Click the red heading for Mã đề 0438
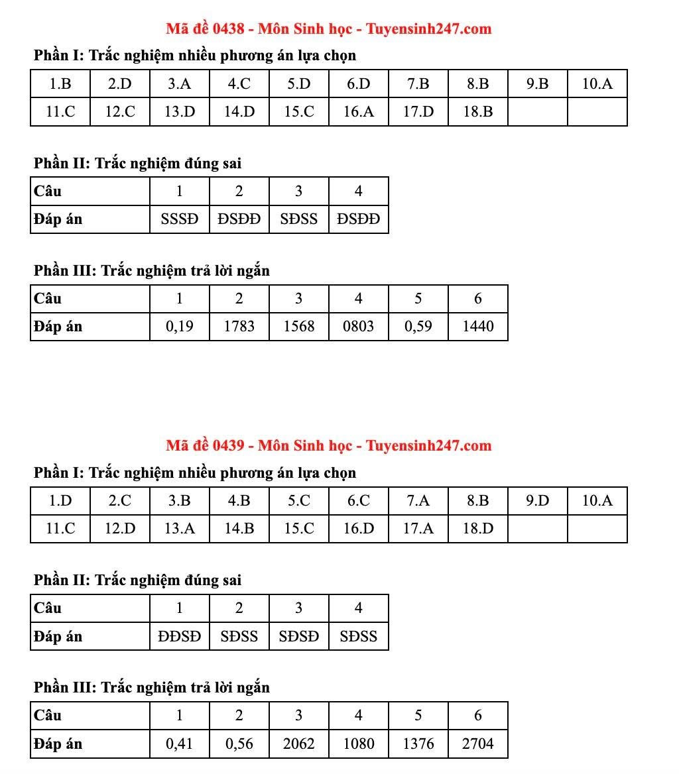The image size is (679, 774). click(x=329, y=28)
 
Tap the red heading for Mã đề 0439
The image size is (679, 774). click(x=329, y=445)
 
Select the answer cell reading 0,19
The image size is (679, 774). click(x=179, y=326)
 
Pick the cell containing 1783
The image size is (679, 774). click(x=239, y=326)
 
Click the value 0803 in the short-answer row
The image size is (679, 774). click(x=358, y=326)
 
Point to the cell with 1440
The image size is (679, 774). click(x=477, y=326)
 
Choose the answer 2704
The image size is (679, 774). click(x=477, y=744)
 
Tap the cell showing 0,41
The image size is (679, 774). click(x=179, y=744)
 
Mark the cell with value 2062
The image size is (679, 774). click(x=298, y=744)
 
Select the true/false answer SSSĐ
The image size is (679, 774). click(x=179, y=219)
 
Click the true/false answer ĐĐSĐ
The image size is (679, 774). click(x=179, y=637)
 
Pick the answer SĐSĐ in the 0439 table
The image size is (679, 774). click(x=298, y=637)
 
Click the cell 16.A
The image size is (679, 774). click(x=358, y=112)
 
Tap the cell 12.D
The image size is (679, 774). click(x=120, y=529)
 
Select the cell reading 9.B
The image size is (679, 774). click(x=537, y=84)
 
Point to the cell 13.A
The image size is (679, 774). click(x=179, y=529)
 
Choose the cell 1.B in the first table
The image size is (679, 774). click(x=60, y=84)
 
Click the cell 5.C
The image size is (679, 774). click(x=298, y=501)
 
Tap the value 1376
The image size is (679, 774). click(x=418, y=744)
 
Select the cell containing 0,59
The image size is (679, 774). click(x=418, y=326)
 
